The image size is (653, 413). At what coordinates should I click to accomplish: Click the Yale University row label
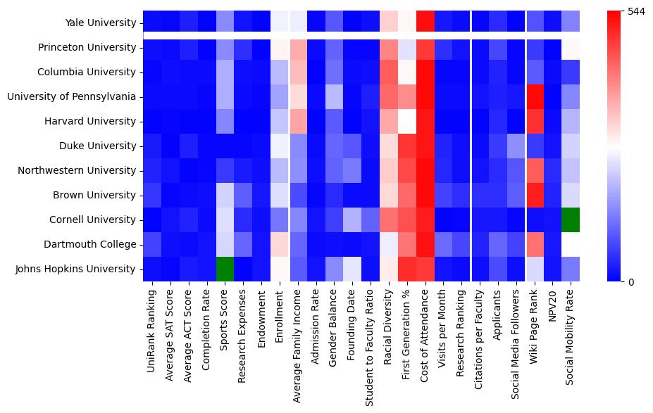pos(105,23)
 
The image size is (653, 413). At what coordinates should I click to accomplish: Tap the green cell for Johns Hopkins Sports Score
pos(224,269)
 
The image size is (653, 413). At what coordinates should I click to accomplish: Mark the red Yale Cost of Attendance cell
pos(425,23)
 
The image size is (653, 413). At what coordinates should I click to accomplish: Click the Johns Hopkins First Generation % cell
pos(407,269)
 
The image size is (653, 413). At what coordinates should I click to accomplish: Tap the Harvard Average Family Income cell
pos(297,121)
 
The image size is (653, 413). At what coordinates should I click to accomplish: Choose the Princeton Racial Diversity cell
pos(389,47)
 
